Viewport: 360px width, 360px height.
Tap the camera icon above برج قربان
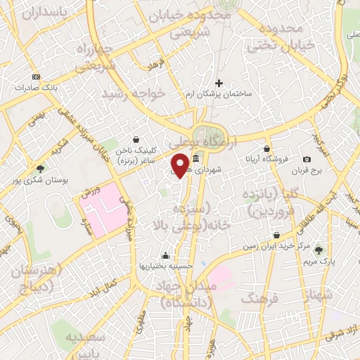click(307, 160)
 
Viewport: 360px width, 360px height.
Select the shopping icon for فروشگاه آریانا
click(267, 148)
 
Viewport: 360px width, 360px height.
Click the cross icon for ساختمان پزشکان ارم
click(219, 82)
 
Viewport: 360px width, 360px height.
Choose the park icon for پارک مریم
click(319, 250)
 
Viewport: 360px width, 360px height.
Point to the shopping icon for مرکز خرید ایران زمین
click(276, 235)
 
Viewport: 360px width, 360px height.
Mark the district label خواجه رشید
click(134, 94)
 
